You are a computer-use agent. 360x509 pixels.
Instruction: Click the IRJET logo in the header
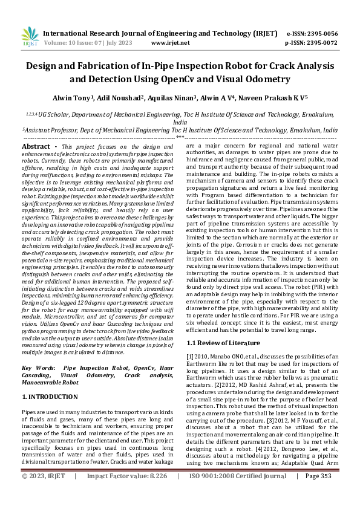[x=30, y=37]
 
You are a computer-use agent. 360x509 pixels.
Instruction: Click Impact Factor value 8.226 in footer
[x=157, y=493]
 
